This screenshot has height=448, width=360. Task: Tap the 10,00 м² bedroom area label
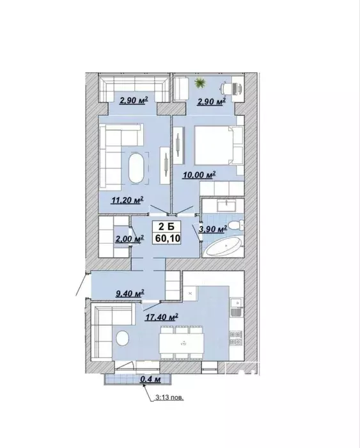pyautogui.click(x=199, y=175)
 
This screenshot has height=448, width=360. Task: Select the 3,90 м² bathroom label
pyautogui.click(x=213, y=229)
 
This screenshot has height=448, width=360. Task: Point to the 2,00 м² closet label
pyautogui.click(x=129, y=239)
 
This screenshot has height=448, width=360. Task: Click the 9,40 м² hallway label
pyautogui.click(x=130, y=293)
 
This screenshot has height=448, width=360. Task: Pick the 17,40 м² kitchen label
pyautogui.click(x=162, y=317)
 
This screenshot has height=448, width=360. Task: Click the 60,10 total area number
pyautogui.click(x=168, y=238)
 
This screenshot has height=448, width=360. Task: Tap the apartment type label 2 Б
pyautogui.click(x=166, y=227)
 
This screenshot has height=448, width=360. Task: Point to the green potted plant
pyautogui.click(x=200, y=83)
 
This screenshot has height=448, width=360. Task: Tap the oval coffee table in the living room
pyautogui.click(x=136, y=168)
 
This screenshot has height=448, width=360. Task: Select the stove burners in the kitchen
pyautogui.click(x=236, y=337)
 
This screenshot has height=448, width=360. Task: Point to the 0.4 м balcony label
pyautogui.click(x=150, y=379)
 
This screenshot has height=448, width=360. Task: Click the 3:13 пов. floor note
pyautogui.click(x=169, y=397)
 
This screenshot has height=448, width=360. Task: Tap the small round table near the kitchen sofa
pyautogui.click(x=123, y=338)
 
